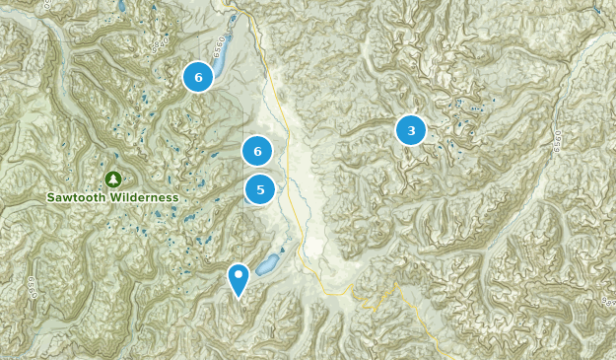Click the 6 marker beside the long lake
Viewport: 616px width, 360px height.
tap(198, 77)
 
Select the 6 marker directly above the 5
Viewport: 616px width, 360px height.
tap(257, 151)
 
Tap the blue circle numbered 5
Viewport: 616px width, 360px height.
tap(260, 189)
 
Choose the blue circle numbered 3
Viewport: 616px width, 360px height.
tap(410, 129)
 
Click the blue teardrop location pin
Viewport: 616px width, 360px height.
tap(239, 278)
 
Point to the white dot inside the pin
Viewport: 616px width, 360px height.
tap(239, 273)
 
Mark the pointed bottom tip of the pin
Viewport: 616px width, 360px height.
tap(239, 297)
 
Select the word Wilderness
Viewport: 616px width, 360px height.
tap(144, 197)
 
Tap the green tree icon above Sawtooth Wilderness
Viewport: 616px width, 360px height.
tap(112, 179)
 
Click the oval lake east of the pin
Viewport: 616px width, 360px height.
tap(266, 264)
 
